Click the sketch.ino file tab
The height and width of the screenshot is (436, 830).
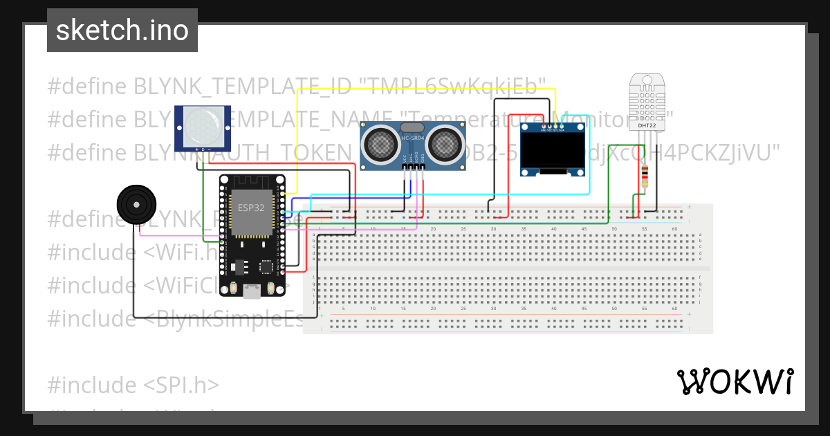click(x=122, y=30)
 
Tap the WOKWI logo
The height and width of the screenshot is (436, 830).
click(x=735, y=381)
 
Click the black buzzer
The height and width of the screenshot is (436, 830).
click(x=136, y=205)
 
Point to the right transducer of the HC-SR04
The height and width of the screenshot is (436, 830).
click(x=443, y=144)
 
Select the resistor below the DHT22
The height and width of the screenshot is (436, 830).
click(x=645, y=176)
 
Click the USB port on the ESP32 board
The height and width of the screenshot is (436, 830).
click(x=252, y=291)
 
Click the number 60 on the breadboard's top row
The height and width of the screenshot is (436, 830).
click(x=674, y=228)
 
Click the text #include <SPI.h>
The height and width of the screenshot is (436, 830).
click(x=133, y=385)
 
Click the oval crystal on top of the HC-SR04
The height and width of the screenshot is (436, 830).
click(x=412, y=127)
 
